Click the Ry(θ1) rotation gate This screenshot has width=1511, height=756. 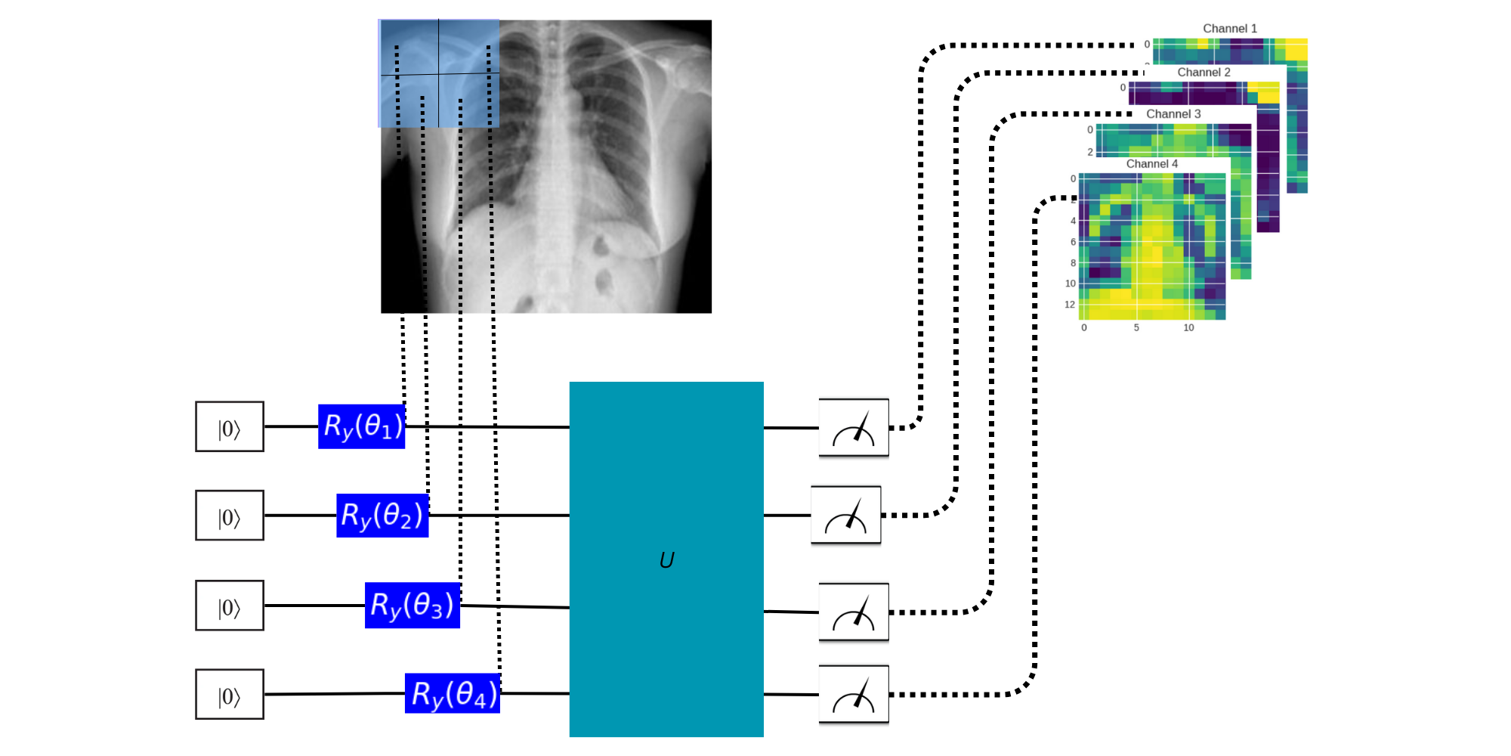[361, 426]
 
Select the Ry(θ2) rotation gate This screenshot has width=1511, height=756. [382, 516]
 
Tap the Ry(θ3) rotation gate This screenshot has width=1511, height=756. [413, 605]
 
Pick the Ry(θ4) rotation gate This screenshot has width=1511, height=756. [453, 693]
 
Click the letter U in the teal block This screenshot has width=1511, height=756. [666, 560]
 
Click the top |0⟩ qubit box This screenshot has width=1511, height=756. [230, 427]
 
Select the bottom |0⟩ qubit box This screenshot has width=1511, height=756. [230, 694]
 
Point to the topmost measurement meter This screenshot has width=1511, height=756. [854, 428]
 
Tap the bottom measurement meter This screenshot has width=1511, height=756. [854, 694]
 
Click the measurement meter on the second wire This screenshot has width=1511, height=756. [845, 515]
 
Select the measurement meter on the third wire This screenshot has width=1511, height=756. [854, 612]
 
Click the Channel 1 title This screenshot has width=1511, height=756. [1230, 29]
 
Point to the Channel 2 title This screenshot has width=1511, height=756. [1204, 73]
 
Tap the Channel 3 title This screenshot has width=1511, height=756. [1173, 114]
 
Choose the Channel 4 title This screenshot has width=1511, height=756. [1152, 164]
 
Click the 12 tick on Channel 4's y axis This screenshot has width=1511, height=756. [1070, 305]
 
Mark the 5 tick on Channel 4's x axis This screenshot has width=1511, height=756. [1136, 328]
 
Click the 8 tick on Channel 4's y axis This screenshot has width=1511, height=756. [1073, 263]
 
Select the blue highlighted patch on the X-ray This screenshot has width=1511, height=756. [438, 73]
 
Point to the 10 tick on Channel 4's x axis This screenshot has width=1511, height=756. [1188, 328]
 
